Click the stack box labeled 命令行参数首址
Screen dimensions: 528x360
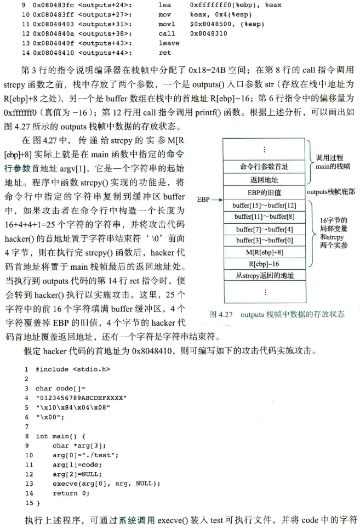click(264, 166)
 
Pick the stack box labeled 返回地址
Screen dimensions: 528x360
click(264, 179)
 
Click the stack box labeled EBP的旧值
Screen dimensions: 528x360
click(264, 192)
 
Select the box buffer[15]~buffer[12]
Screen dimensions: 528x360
click(264, 205)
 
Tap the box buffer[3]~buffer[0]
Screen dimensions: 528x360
click(264, 240)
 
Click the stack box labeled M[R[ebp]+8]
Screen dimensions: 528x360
click(264, 252)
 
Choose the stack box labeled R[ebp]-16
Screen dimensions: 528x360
click(264, 264)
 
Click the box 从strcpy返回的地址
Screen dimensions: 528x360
click(264, 276)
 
